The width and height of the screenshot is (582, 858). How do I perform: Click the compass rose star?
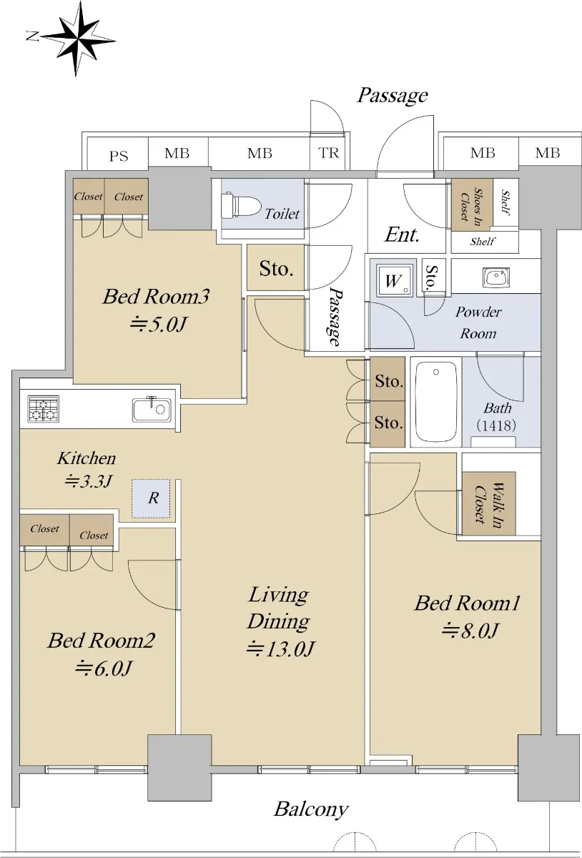coord(78,39)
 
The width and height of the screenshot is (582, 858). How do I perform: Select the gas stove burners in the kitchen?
coord(44,409)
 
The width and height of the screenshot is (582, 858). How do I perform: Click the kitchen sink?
coord(152,410)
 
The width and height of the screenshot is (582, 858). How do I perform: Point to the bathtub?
coord(436,401)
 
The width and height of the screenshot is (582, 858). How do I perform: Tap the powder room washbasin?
coord(496,277)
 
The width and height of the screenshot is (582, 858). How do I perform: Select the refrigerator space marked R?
coord(151,498)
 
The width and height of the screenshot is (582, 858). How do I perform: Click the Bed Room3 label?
coord(156,297)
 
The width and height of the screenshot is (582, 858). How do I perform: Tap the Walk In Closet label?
coord(489,503)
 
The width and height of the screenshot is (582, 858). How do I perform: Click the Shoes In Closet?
coord(472,204)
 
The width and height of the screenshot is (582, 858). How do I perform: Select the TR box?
coord(328,153)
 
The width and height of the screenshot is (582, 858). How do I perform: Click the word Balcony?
coord(311,809)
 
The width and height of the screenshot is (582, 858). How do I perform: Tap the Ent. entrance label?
coord(402,235)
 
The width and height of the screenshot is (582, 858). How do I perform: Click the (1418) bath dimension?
coord(496,425)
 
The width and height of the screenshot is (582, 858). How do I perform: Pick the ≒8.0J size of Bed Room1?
coord(470,631)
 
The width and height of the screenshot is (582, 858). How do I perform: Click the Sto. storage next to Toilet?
coord(276,267)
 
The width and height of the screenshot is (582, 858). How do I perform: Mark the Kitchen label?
coord(87,458)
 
